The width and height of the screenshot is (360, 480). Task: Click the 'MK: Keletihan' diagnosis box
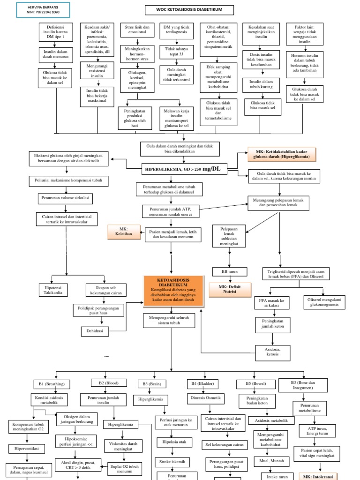(x=120, y=231)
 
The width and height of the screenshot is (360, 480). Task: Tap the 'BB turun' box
(x=230, y=271)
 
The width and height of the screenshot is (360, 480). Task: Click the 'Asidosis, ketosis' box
(x=272, y=351)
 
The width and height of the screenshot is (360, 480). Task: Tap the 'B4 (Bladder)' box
(x=203, y=384)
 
